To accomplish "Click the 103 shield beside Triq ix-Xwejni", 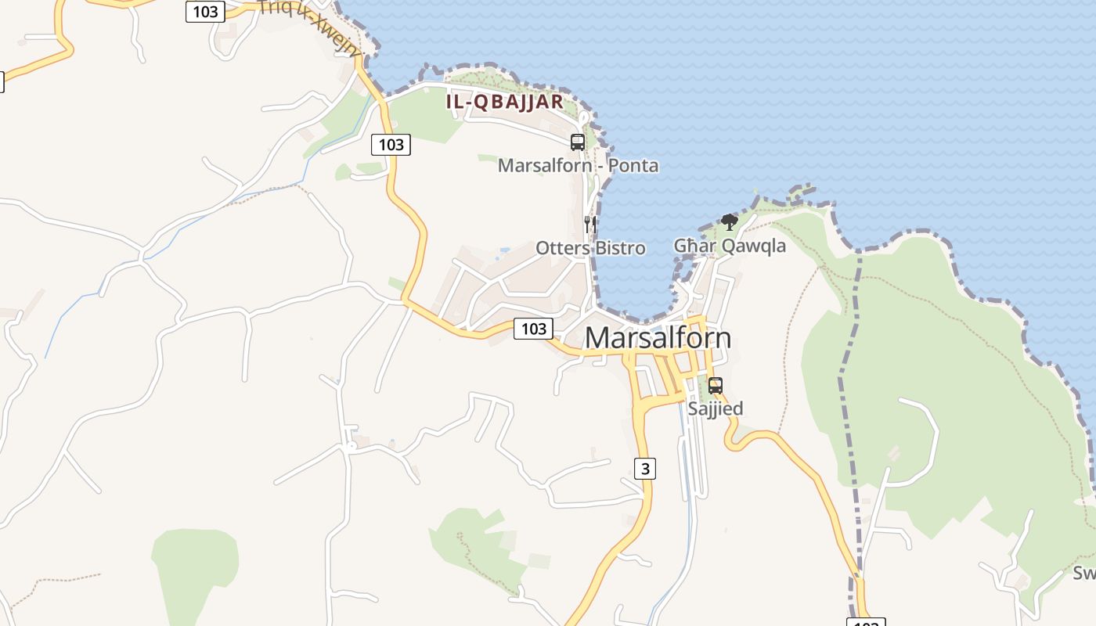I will (205, 12).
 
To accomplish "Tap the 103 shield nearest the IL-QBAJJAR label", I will (391, 144).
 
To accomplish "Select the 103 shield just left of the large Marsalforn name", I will (533, 329).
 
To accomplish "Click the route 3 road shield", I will (644, 469).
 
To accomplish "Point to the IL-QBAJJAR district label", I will (505, 102).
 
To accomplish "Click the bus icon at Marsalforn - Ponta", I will (578, 142).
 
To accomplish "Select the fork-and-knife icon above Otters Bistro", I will (590, 225).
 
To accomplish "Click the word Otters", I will (562, 248).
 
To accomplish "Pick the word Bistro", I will (619, 248).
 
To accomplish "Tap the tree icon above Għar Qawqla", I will (729, 222).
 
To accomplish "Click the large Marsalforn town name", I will (658, 338).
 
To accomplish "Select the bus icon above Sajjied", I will (715, 385).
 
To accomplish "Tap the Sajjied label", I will (715, 408).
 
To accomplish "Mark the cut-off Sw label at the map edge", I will (1084, 574).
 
